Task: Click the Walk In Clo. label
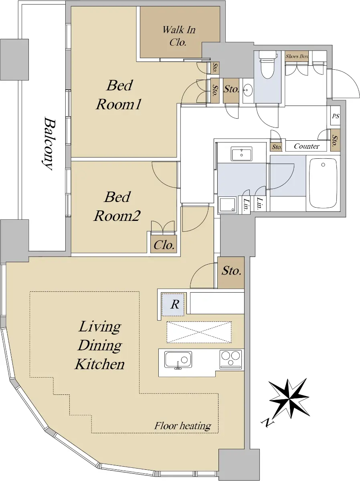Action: [x=179, y=36]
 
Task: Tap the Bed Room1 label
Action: [x=119, y=95]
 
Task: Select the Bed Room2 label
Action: [x=117, y=206]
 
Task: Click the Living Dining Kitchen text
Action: [x=100, y=345]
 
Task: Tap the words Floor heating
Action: [x=183, y=426]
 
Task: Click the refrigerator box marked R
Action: [x=173, y=305]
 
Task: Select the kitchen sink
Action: [x=178, y=360]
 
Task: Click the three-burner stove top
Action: [x=231, y=360]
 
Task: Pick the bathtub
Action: [x=323, y=183]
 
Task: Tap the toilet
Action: [x=267, y=65]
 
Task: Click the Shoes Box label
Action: [x=297, y=57]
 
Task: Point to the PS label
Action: [x=336, y=116]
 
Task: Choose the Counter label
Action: [x=307, y=146]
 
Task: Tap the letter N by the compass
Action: [x=267, y=422]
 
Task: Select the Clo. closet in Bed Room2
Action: [x=164, y=245]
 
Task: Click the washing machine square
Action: [x=227, y=204]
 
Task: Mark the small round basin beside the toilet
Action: [x=248, y=90]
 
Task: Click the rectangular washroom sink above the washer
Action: [x=241, y=154]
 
